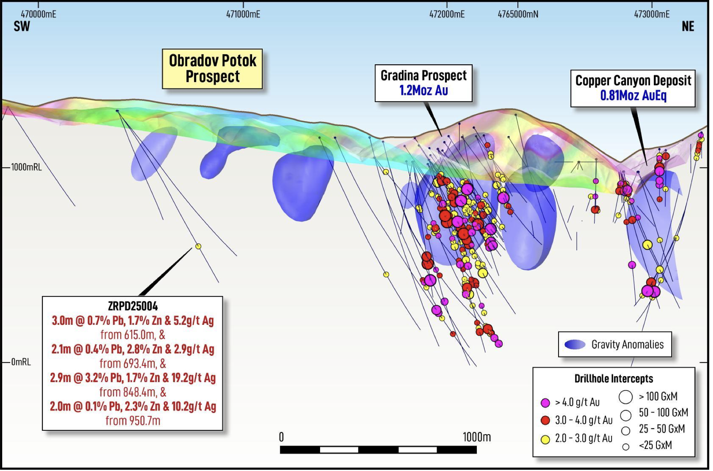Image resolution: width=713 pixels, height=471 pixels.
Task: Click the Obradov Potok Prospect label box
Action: coord(212,69)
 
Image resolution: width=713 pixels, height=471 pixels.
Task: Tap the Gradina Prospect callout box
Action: coord(423,83)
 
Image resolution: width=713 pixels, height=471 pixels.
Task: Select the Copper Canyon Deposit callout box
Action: coord(633,88)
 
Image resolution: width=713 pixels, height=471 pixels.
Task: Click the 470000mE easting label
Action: coord(38,14)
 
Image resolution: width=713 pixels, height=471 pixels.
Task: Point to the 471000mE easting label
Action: coord(243,14)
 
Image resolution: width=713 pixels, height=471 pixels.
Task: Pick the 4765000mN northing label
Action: coord(518,14)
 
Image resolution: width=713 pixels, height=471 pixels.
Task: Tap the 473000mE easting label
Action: coord(652,14)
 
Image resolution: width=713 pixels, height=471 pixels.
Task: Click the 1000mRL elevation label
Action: coord(26,167)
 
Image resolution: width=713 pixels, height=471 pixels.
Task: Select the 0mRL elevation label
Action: coord(21,362)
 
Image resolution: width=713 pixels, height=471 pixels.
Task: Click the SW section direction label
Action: coord(22,27)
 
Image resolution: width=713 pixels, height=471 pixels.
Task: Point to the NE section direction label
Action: coord(688,27)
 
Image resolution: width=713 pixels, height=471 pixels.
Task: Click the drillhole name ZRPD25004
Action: coord(133,306)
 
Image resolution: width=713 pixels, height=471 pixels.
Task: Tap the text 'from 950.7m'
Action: coord(133,420)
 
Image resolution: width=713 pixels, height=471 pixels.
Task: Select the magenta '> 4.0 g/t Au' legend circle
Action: coord(545,403)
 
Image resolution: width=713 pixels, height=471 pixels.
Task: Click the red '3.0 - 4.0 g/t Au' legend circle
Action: coord(545,420)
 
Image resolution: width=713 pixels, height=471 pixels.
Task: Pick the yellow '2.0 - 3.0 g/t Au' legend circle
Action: coord(545,439)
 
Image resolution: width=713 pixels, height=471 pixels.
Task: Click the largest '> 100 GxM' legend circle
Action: coord(626,397)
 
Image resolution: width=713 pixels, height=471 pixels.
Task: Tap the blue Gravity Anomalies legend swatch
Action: coord(575,345)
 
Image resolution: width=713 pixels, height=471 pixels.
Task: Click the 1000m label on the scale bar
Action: coord(476,437)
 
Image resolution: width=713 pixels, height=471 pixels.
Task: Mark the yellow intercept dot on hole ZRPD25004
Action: coord(198,247)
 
